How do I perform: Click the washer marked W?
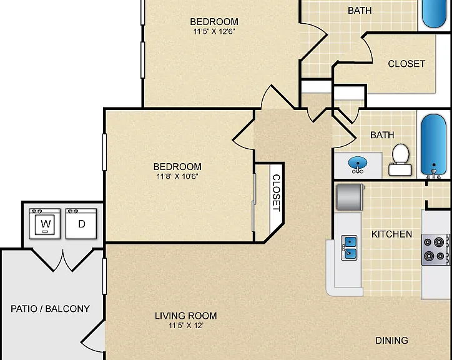[x=45, y=224]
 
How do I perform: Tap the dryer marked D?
[x=81, y=224]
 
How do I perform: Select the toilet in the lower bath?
[x=400, y=159]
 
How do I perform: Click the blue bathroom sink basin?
[x=358, y=163]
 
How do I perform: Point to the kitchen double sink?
[x=349, y=247]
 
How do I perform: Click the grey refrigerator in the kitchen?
[x=350, y=197]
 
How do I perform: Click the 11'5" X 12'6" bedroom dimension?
[x=214, y=31]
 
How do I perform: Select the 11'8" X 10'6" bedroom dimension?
[x=177, y=176]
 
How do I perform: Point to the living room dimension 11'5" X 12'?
[x=186, y=326]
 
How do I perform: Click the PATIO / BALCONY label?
[x=50, y=309]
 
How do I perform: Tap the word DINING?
[x=391, y=341]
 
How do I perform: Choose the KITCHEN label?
[x=391, y=234]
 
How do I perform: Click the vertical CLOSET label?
[x=276, y=193]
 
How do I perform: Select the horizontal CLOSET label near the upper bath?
[x=406, y=64]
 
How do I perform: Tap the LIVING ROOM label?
[x=186, y=316]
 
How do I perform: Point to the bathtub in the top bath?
[x=434, y=14]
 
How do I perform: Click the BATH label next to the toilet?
[x=382, y=135]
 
